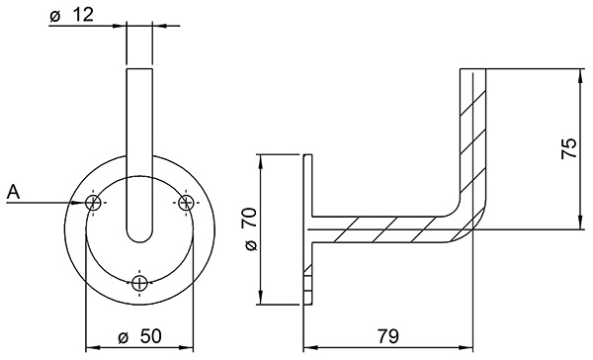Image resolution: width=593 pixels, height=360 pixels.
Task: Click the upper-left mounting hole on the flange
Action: tap(94, 203)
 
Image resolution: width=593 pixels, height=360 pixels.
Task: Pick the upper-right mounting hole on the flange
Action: tap(186, 203)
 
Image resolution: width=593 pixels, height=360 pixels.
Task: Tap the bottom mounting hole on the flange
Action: tap(140, 284)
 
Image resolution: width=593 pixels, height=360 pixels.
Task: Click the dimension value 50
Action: tap(148, 336)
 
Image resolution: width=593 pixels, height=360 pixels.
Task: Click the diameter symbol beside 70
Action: tap(249, 243)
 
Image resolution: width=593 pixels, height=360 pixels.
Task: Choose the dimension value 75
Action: tap(567, 148)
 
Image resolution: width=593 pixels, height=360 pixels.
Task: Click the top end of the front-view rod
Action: tap(140, 69)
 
